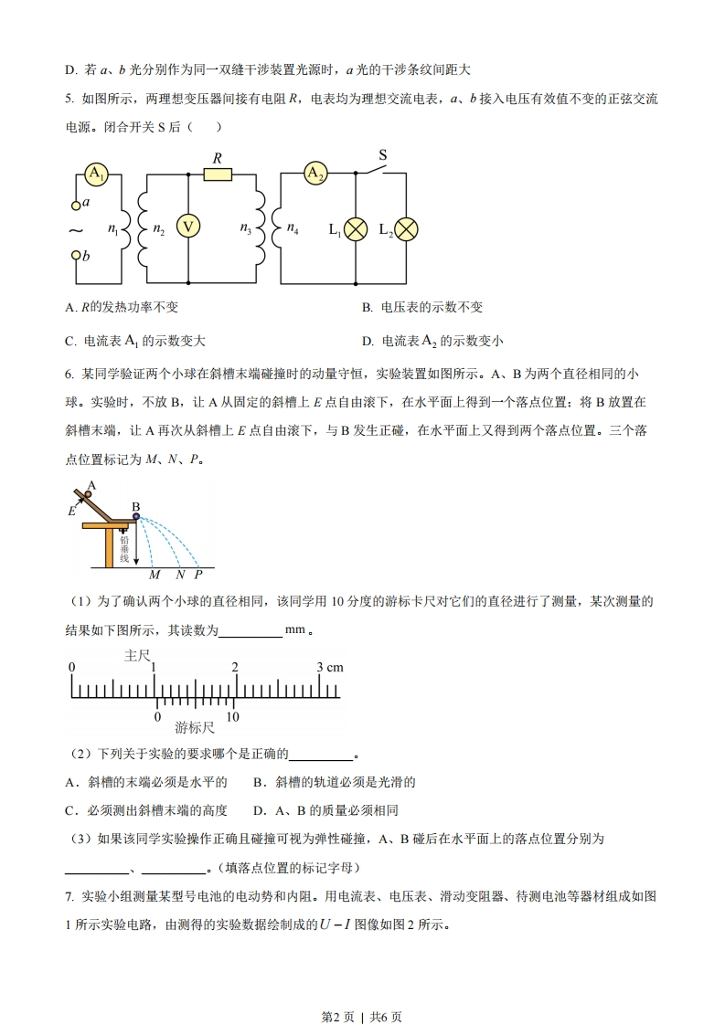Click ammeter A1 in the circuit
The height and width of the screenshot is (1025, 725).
click(96, 174)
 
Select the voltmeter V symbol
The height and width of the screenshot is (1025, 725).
click(187, 227)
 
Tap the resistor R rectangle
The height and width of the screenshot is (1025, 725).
click(218, 174)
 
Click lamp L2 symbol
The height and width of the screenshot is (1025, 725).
click(405, 229)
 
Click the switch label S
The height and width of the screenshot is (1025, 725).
click(383, 155)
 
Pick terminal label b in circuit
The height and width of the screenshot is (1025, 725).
click(86, 257)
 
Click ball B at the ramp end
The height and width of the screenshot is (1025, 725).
click(135, 516)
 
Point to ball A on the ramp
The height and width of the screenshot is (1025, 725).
click(86, 496)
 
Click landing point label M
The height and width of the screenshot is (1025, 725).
click(154, 575)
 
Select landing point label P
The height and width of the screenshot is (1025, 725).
click(198, 575)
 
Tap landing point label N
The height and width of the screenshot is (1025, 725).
click(180, 575)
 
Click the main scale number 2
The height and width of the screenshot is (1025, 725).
click(236, 668)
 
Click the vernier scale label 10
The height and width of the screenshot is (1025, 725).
click(233, 717)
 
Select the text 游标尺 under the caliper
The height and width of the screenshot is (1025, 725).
click(195, 728)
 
